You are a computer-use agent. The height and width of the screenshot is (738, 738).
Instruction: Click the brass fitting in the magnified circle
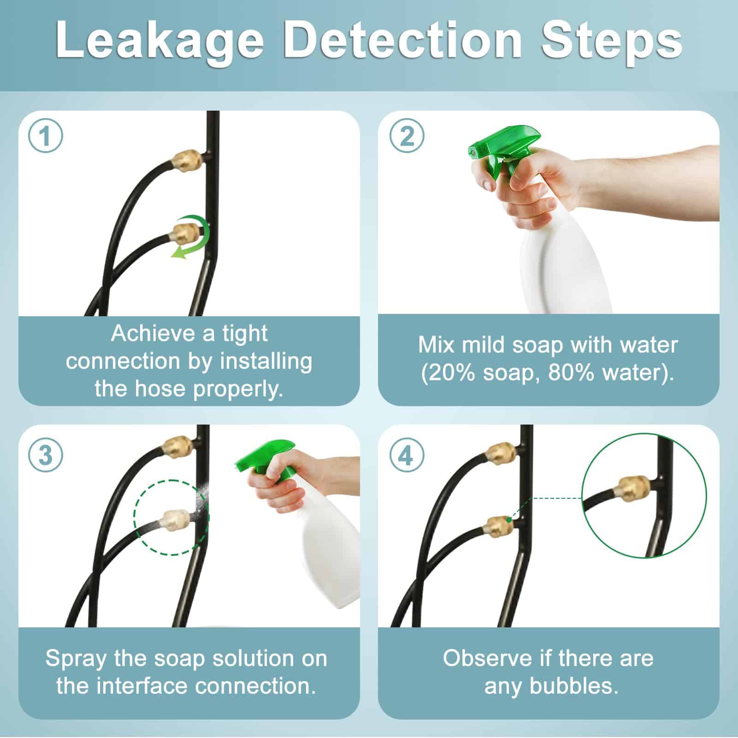pyautogui.click(x=633, y=490)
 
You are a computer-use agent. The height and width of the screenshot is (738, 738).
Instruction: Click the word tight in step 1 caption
pyautogui.click(x=244, y=333)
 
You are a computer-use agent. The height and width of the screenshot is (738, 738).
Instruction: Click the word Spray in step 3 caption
pyautogui.click(x=75, y=659)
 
